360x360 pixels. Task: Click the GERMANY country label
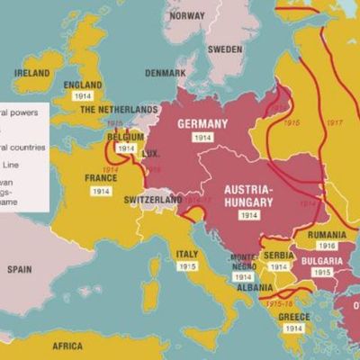coord(202,123)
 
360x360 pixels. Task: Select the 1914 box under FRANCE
coord(101,191)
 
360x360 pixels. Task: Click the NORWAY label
coord(187,16)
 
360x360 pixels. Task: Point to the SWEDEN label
coord(225,49)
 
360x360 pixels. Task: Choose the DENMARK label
coord(166,72)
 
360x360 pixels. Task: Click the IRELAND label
coord(31,73)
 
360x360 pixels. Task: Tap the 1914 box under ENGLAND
coord(83,95)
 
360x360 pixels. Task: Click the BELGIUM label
coord(126,137)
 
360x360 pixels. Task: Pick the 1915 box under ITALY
coord(187,267)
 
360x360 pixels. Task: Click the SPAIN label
coord(20,269)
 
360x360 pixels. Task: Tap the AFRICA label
coord(67,346)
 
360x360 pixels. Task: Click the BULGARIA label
coord(321,260)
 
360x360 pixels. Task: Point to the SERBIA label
coord(279,256)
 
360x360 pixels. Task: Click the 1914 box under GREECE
coord(293,329)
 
